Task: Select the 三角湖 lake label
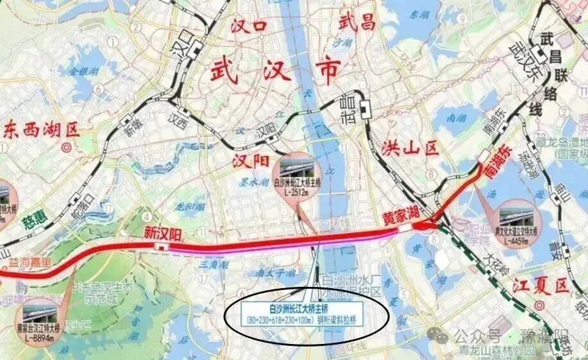(x=211, y=264)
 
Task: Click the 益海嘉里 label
(x=28, y=262)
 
